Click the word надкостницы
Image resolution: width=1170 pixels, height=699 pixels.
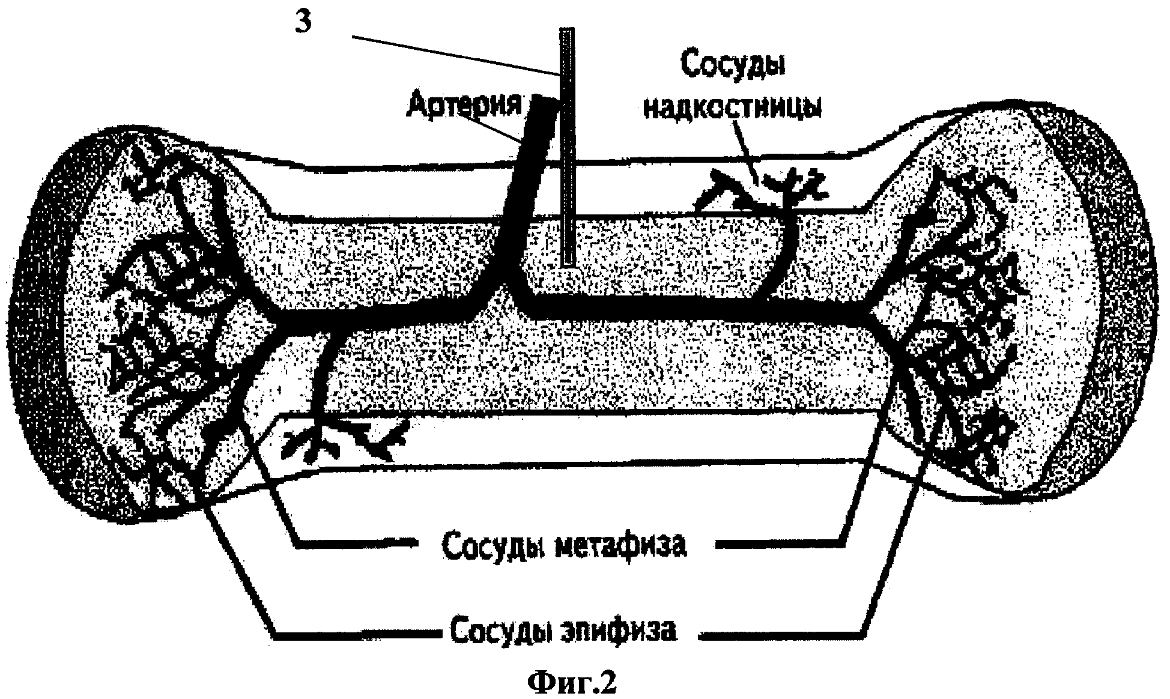pos(732,108)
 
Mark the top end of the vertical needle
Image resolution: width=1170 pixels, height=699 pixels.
pos(567,30)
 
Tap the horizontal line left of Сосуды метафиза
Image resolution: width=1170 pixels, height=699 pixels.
pos(354,545)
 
